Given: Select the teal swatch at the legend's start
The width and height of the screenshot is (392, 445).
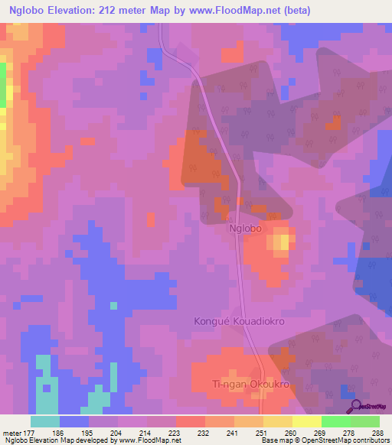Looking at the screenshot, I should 45,421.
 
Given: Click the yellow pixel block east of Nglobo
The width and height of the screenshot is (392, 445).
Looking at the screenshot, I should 283,242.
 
